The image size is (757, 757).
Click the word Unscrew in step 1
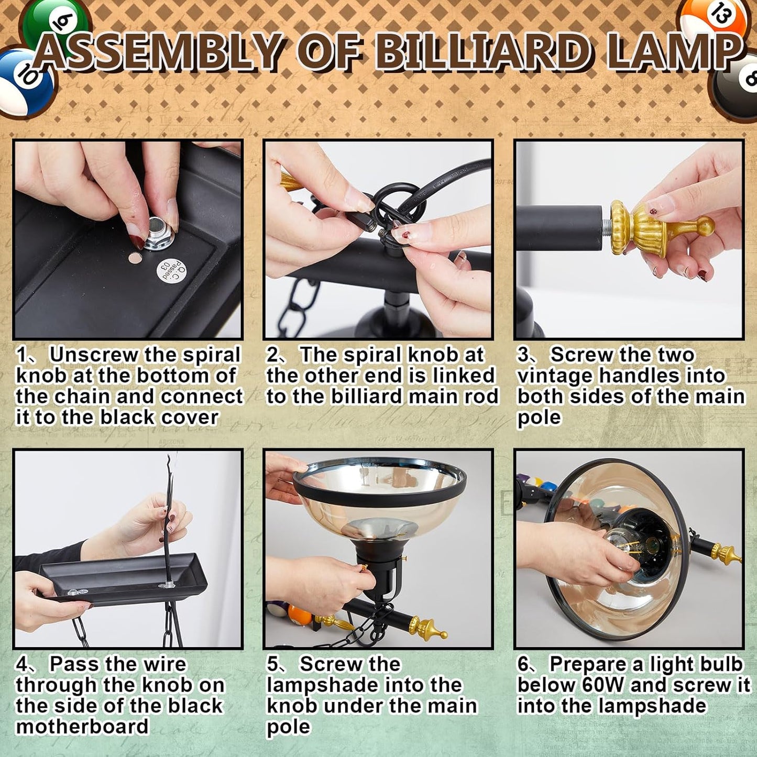click(94, 355)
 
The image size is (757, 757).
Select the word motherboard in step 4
click(82, 727)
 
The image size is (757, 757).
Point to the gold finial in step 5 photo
click(428, 629)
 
